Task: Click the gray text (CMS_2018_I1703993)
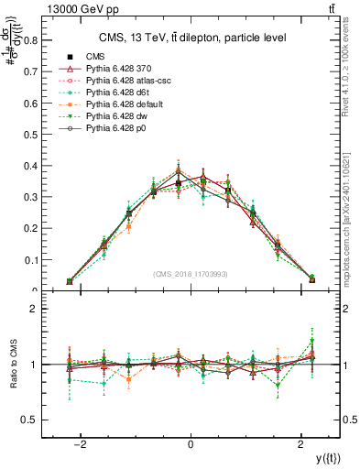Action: [x=190, y=275]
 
